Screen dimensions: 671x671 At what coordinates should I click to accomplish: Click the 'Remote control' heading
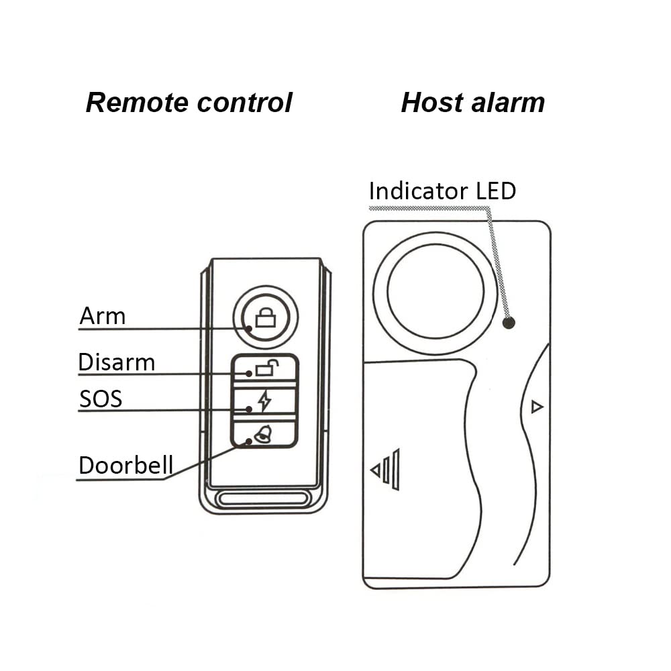[189, 103]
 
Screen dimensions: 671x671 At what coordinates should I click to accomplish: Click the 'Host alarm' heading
[473, 103]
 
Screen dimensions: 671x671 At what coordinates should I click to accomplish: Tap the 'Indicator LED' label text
[442, 191]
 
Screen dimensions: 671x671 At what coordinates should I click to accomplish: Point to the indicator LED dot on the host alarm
[509, 323]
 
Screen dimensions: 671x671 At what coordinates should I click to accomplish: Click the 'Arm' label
[102, 316]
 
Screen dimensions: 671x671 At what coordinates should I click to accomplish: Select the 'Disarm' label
[116, 362]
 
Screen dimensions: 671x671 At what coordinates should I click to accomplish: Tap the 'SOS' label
[101, 399]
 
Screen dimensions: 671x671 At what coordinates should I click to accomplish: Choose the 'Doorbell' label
[126, 465]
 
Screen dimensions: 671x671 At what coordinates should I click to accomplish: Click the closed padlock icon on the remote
[266, 317]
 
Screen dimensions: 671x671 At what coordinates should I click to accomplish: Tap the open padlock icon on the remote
[267, 368]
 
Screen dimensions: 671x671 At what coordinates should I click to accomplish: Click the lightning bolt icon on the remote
[265, 401]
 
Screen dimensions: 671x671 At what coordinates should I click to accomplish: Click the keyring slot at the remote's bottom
[262, 499]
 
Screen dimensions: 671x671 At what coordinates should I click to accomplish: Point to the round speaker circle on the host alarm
[435, 293]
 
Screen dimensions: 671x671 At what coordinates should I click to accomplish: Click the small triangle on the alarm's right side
[537, 407]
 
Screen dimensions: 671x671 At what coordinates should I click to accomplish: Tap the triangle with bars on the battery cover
[385, 470]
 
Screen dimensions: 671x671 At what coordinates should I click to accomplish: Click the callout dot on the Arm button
[249, 329]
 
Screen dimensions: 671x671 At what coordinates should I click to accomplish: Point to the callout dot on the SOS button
[249, 409]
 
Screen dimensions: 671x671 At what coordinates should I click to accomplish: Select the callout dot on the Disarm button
[249, 374]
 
